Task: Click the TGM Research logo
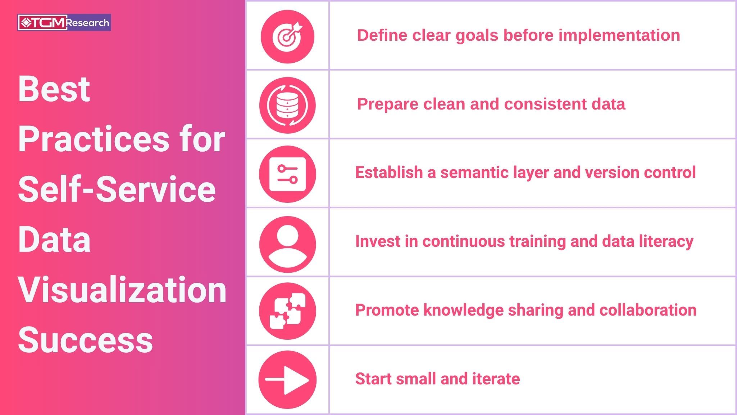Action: coord(64,23)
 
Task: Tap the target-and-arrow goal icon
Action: coord(287,37)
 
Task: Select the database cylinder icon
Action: coord(287,105)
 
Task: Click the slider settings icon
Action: coord(287,174)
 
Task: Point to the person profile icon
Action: coord(287,244)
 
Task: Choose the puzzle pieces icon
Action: coord(287,311)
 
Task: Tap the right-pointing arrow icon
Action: coord(287,380)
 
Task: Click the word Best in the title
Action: coord(54,89)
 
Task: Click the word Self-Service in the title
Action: coord(117,189)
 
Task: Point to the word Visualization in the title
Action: coord(122,290)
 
